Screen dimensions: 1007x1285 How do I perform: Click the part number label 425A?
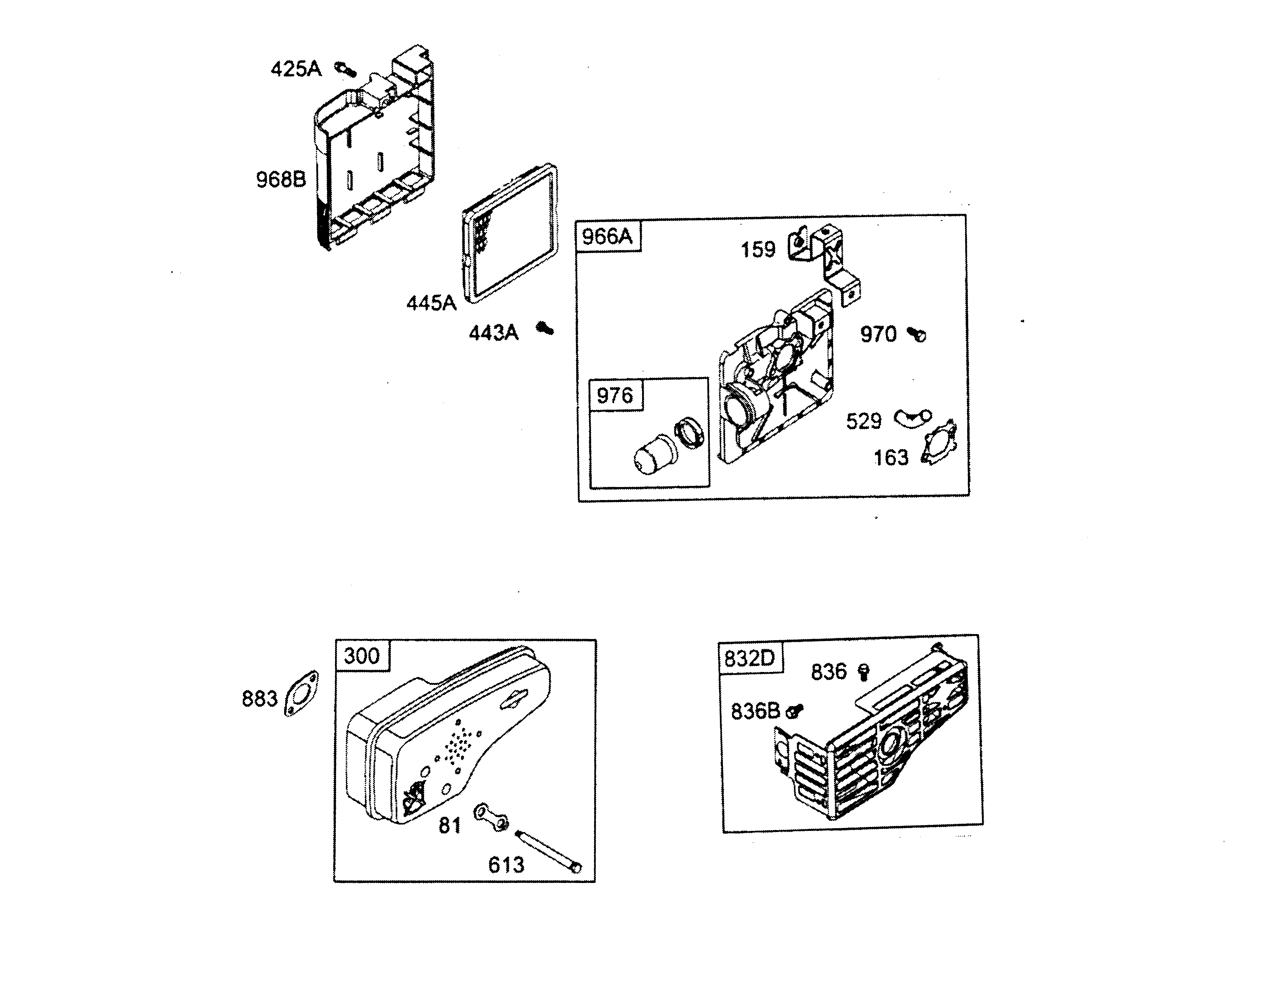point(296,70)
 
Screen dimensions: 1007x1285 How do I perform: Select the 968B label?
point(281,179)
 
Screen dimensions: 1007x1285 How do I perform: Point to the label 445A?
point(431,303)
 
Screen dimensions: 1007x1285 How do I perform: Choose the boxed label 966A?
point(607,236)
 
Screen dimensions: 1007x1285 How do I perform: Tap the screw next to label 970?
point(917,334)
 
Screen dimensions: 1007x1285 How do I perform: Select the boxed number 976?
point(615,395)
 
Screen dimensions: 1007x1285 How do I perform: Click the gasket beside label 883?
point(302,694)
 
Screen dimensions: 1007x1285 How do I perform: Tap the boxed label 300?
point(362,656)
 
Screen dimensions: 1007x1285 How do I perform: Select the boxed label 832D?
point(750,658)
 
